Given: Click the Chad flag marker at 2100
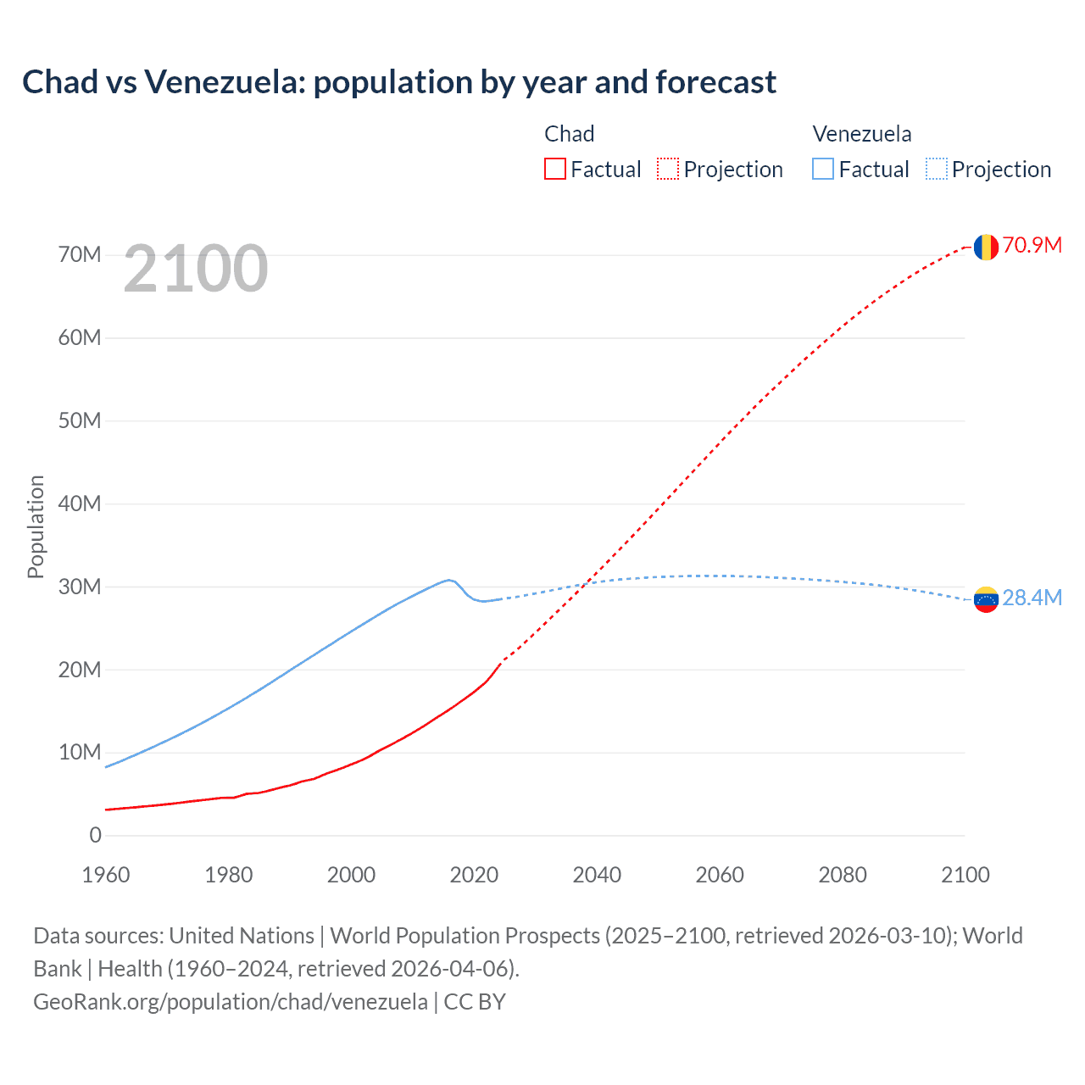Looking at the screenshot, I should pos(985,247).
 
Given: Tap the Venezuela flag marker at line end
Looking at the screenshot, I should pos(985,599).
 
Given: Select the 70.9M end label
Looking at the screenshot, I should pos(1032,246).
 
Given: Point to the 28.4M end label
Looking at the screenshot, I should pos(1032,598).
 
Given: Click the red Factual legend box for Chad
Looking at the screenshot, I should pos(554,170).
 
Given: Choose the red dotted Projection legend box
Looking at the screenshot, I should pos(668,170).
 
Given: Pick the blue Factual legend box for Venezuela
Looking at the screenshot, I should pos(822,170).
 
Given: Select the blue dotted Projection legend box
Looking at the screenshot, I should pos(936,170).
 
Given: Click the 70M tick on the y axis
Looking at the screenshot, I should pos(80,255).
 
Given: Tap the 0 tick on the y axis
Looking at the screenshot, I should pos(95,836).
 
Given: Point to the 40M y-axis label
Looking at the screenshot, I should pos(80,504).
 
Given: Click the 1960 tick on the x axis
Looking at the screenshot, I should pos(106,876).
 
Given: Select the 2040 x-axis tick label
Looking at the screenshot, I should pos(597,876).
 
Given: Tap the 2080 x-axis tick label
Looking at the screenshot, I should pos(843,876).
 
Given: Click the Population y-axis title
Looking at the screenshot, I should pos(36,527).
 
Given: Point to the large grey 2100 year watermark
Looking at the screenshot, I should pos(196,270).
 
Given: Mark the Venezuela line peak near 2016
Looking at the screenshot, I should pos(449,580).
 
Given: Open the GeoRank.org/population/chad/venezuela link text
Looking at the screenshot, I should pos(231,1002).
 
